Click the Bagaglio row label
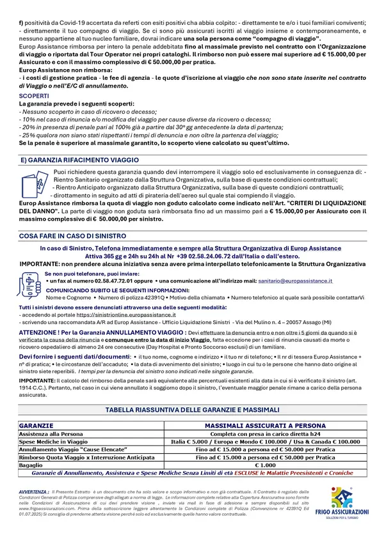tap(33, 465)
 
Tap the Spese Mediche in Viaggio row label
tap(51, 441)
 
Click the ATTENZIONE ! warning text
tap(40, 333)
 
